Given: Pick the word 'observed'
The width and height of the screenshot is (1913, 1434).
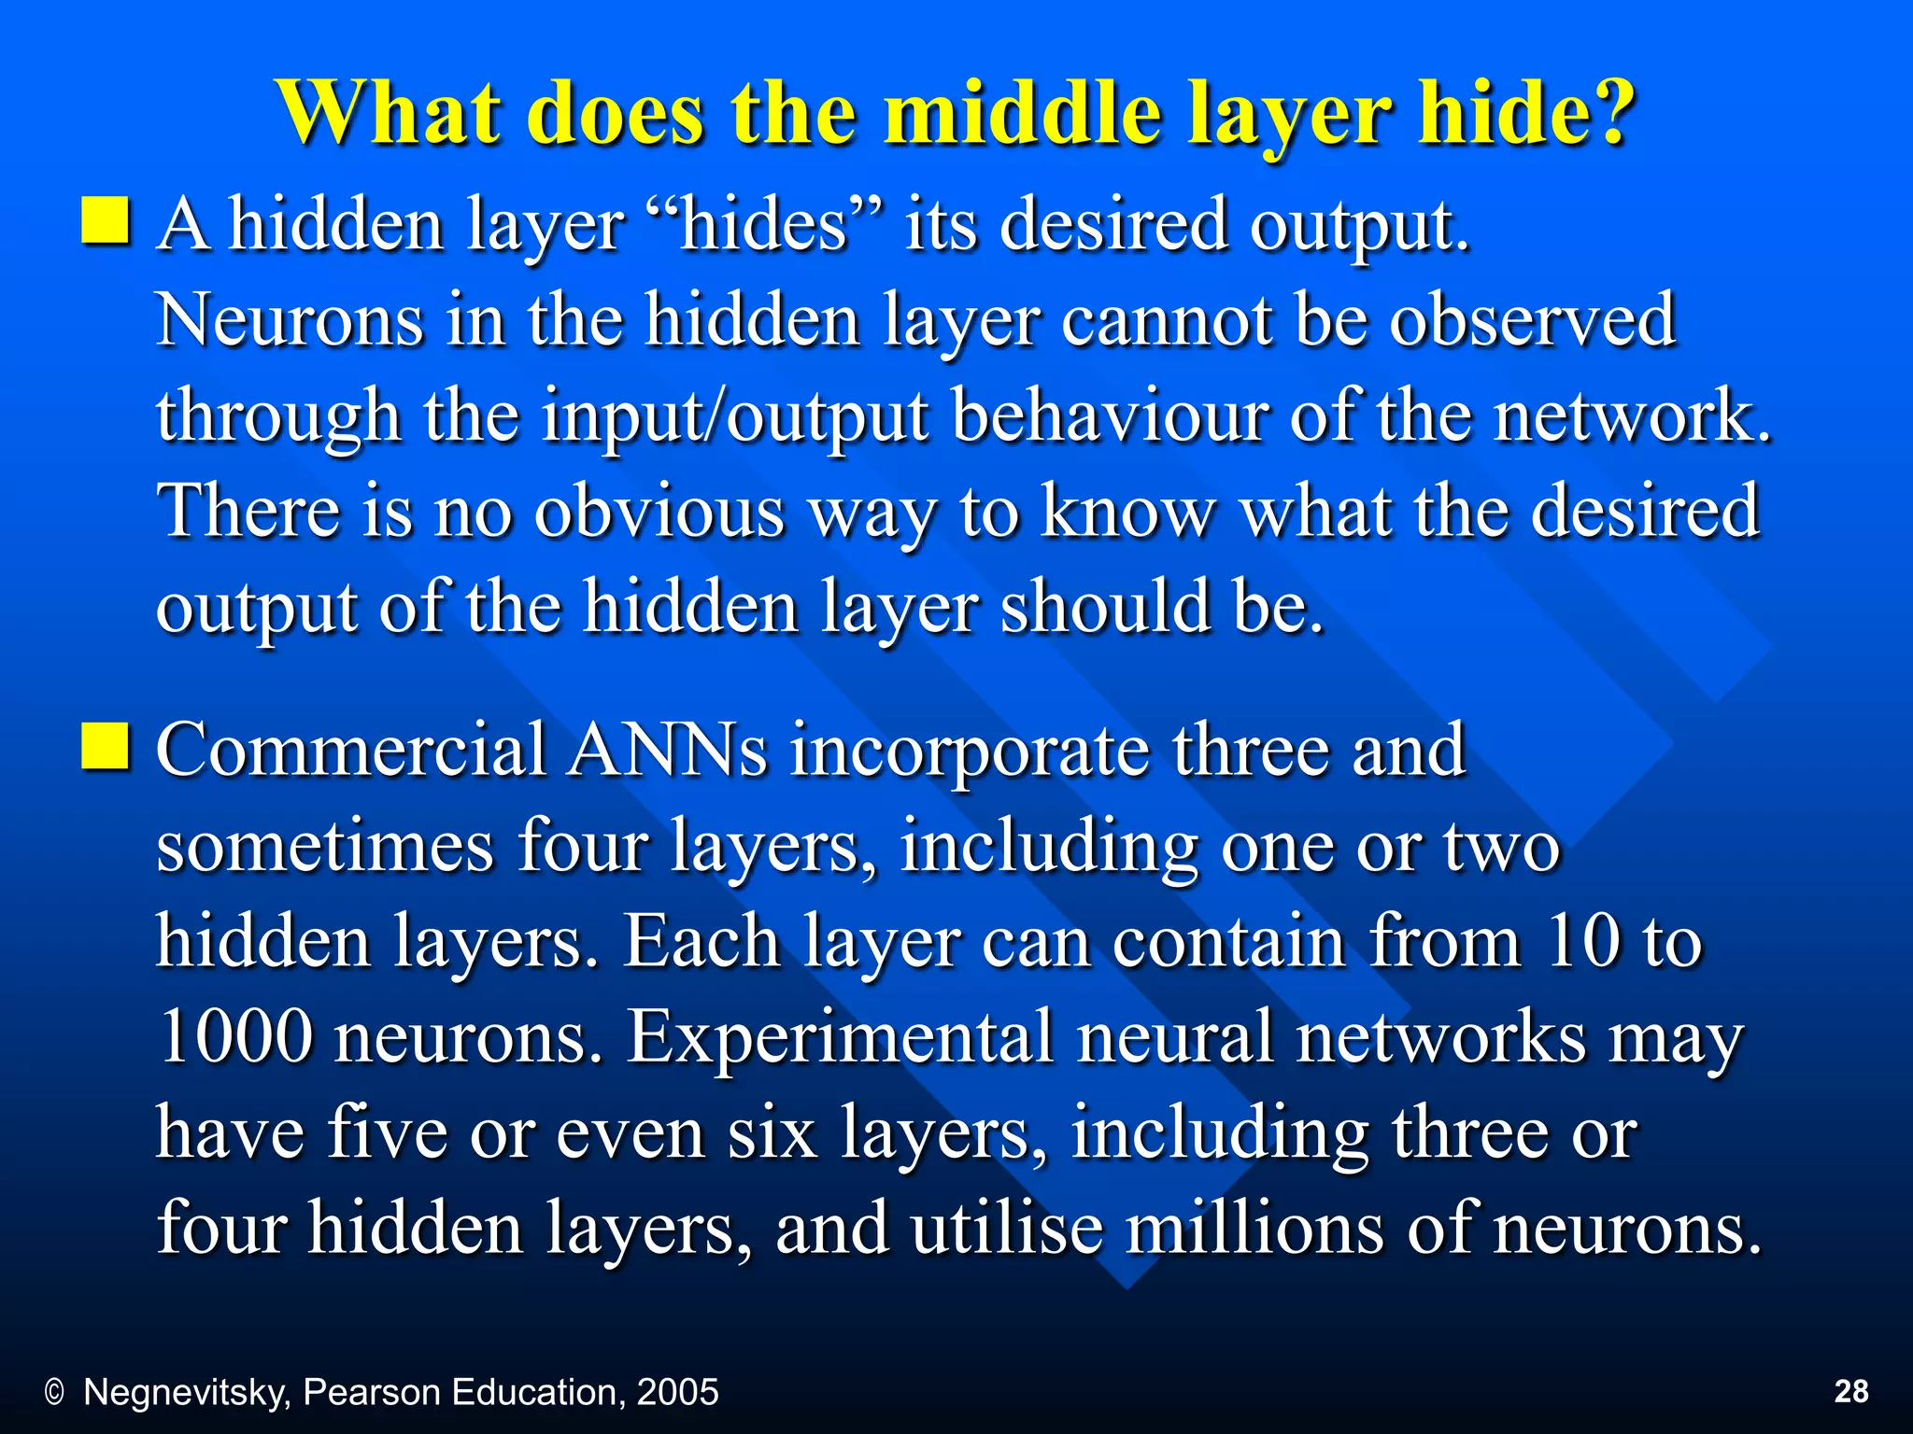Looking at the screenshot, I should pyautogui.click(x=1532, y=321).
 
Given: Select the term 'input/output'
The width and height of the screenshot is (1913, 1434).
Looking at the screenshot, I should pyautogui.click(x=736, y=417).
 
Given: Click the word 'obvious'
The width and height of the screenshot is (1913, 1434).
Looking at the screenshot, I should pyautogui.click(x=659, y=513).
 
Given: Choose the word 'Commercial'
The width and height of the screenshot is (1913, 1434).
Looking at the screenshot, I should pyautogui.click(x=351, y=751).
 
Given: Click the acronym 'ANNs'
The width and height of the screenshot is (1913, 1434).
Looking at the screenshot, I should pyautogui.click(x=669, y=751).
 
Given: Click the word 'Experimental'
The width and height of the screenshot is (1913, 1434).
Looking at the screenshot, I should pyautogui.click(x=839, y=1038).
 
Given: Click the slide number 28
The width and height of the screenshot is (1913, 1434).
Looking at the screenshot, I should pyautogui.click(x=1851, y=1391).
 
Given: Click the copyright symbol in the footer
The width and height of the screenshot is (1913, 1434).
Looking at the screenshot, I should pyautogui.click(x=55, y=1393).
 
